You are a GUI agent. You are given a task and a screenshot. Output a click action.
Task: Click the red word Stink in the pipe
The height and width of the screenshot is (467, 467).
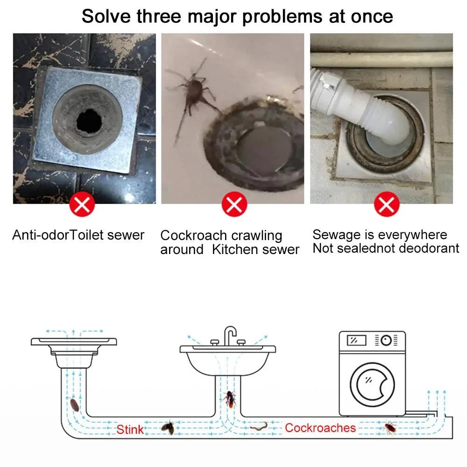130,429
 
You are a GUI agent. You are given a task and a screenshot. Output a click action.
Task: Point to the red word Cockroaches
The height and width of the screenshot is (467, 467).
320,427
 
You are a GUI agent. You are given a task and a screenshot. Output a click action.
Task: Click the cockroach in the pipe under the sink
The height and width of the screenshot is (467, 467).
230,398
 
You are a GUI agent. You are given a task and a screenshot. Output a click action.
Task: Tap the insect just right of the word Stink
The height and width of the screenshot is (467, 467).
168,427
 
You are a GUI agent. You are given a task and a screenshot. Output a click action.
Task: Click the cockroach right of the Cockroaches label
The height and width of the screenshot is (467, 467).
390,427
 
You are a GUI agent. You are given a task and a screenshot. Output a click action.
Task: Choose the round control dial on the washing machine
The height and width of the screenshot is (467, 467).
386,340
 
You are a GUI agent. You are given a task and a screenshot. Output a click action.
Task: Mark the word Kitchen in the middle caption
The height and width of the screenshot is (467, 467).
235,249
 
